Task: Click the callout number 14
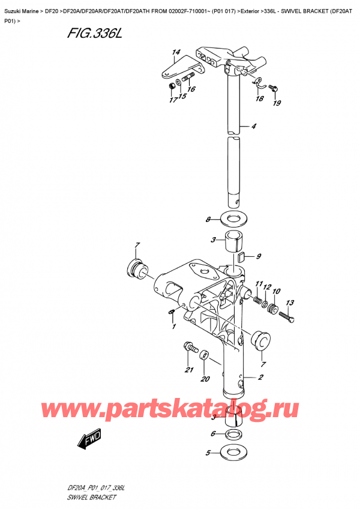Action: [x=175, y=53]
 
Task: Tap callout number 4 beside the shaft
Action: [x=254, y=127]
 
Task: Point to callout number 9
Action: [x=259, y=258]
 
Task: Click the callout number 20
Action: [x=206, y=379]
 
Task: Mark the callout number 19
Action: [x=276, y=103]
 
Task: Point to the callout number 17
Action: [x=172, y=100]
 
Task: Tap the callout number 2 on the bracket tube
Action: [x=261, y=378]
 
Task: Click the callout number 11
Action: [x=259, y=284]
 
